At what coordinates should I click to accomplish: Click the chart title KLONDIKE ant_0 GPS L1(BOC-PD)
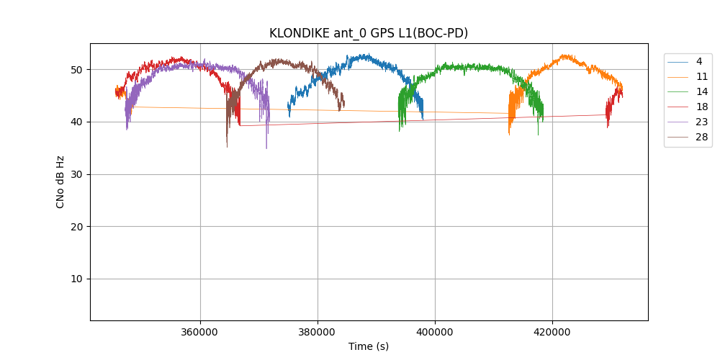[369, 33]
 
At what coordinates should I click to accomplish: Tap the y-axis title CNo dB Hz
[60, 181]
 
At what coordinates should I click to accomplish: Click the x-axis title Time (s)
[369, 346]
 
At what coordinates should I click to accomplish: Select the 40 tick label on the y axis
[77, 122]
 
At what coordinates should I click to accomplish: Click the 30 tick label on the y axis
[77, 174]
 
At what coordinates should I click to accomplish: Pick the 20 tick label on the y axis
[77, 227]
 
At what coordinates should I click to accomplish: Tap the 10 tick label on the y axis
[77, 279]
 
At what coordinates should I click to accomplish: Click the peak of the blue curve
[366, 54]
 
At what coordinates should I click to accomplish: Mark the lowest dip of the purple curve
[266, 148]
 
